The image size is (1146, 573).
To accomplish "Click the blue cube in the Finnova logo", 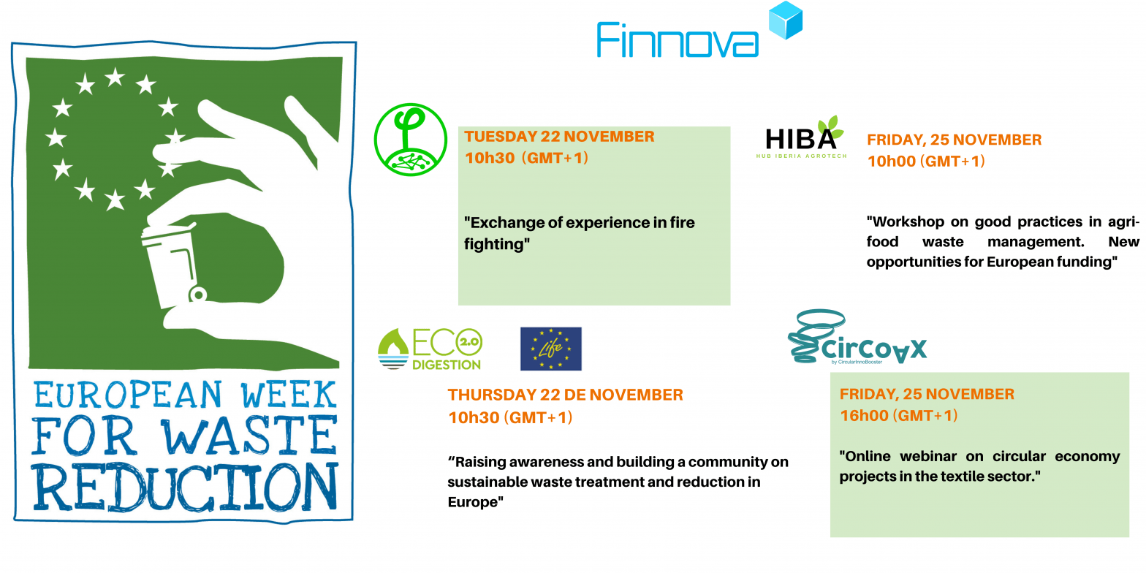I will tap(786, 21).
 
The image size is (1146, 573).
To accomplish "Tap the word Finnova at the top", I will tap(677, 40).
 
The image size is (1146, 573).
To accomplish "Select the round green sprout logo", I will tap(410, 139).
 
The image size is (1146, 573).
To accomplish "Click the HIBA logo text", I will tap(801, 139).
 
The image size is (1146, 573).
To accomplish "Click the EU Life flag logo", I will tap(550, 349).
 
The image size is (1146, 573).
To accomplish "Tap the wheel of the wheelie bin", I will tap(197, 295).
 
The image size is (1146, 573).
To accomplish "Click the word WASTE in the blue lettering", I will tap(249, 436).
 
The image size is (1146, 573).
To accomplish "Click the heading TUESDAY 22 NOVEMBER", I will tap(559, 137).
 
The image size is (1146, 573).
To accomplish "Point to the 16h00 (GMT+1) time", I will tap(898, 415).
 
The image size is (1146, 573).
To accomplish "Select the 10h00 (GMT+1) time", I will tap(926, 162).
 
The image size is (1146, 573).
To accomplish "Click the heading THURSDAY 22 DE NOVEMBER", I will tap(565, 395).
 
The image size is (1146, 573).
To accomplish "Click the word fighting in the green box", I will tap(495, 244).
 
